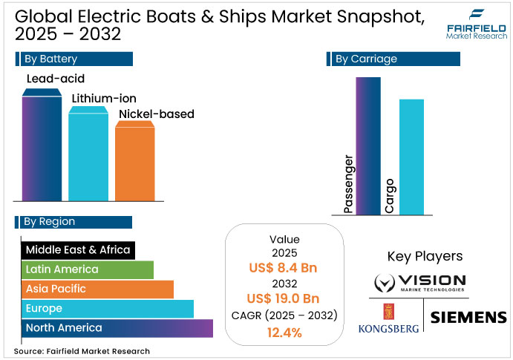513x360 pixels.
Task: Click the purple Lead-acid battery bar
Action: pos(42,145)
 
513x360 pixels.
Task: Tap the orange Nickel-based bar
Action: pos(134,161)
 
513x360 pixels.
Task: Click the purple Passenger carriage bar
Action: pos(369,145)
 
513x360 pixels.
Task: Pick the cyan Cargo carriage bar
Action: pos(411,157)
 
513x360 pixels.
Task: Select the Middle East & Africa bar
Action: pos(77,250)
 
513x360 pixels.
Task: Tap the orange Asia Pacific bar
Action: pos(97,289)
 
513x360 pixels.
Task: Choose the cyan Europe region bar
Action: pos(107,308)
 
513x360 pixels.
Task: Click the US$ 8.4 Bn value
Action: pos(284,266)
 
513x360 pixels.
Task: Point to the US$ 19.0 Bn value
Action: pos(284,298)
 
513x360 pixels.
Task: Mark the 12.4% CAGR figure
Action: pos(284,332)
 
